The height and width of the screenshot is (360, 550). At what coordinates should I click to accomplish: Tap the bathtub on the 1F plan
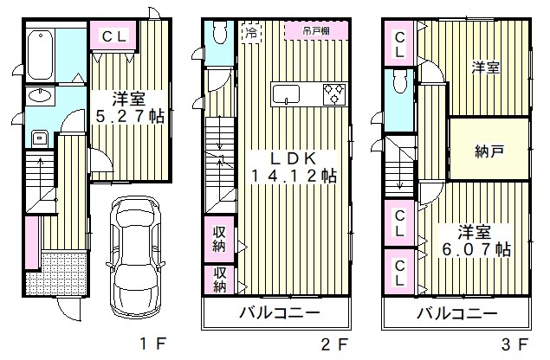point(40,54)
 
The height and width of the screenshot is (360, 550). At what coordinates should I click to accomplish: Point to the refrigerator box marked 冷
point(249,35)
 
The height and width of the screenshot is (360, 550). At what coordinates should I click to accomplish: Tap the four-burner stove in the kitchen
point(334,93)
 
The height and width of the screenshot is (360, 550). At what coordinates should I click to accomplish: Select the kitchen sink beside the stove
point(286,93)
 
